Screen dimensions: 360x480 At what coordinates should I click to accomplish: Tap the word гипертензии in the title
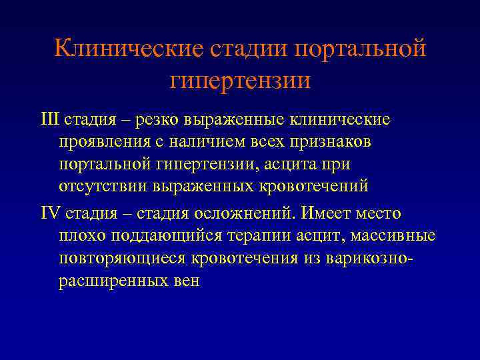pyautogui.click(x=240, y=81)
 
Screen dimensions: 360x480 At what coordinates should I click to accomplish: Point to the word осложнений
pyautogui.click(x=244, y=213)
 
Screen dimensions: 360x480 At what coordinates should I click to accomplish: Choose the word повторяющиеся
pyautogui.click(x=118, y=258)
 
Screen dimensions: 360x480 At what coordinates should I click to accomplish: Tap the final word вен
pyautogui.click(x=184, y=280)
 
